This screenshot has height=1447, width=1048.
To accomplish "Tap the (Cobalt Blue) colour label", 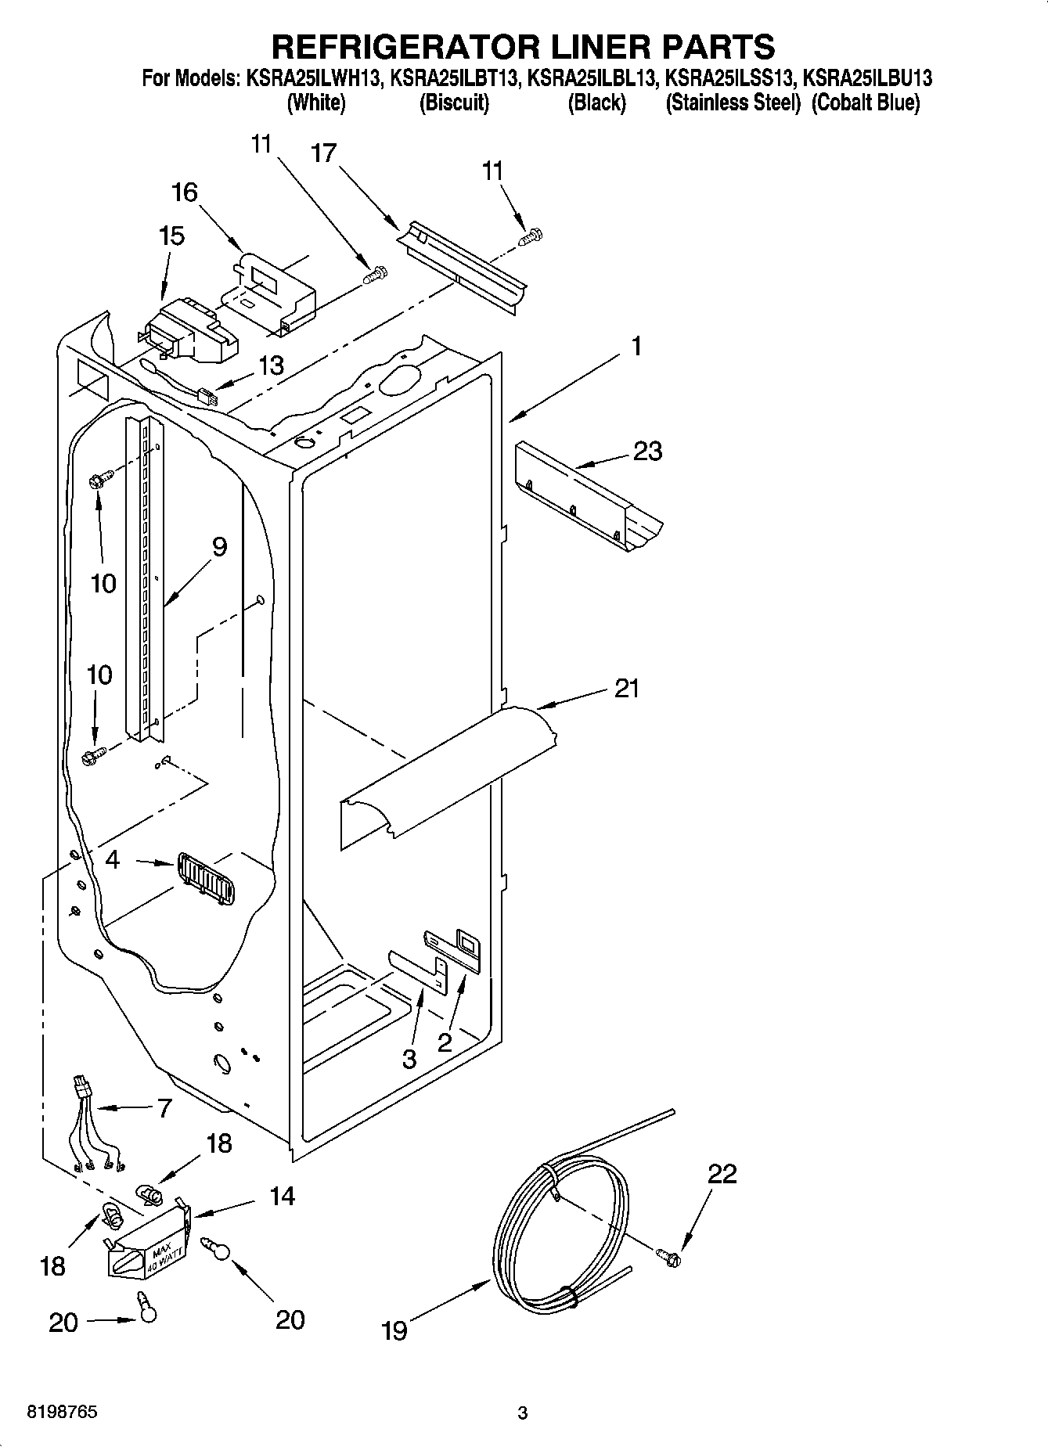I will [x=865, y=103].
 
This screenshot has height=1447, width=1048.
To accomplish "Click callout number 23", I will [x=647, y=452].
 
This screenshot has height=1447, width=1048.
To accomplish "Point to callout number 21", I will [x=626, y=689].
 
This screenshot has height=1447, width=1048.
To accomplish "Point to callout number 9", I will [x=218, y=546].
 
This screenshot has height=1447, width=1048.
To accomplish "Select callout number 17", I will [x=323, y=153].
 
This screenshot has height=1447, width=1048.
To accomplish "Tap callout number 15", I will [x=171, y=236].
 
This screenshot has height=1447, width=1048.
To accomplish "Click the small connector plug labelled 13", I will [x=208, y=398].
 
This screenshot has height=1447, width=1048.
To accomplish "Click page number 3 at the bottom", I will [x=522, y=1413].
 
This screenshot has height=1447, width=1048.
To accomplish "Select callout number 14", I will [x=283, y=1196].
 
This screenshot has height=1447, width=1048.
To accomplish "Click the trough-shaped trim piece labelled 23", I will [x=587, y=501].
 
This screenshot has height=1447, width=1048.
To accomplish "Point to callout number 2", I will [x=445, y=1042].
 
